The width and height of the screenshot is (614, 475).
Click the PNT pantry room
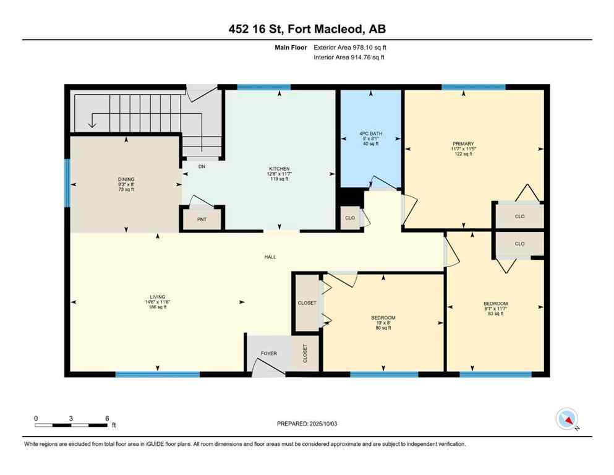tap(202, 219)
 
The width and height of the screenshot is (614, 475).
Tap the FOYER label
tap(268, 354)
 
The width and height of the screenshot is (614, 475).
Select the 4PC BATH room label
tap(370, 133)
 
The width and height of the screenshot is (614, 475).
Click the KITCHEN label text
tap(279, 169)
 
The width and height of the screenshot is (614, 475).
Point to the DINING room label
tap(126, 179)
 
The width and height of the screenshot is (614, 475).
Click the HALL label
tap(270, 257)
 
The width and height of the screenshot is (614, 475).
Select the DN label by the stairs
tap(202, 166)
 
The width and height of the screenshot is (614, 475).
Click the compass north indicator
tap(567, 419)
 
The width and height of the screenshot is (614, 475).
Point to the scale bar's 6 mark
tap(107, 418)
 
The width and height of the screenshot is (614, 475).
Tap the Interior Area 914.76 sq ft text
tap(349, 58)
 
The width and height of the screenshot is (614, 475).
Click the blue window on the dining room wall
tap(67, 182)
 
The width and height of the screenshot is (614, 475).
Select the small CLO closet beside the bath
tap(349, 218)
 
